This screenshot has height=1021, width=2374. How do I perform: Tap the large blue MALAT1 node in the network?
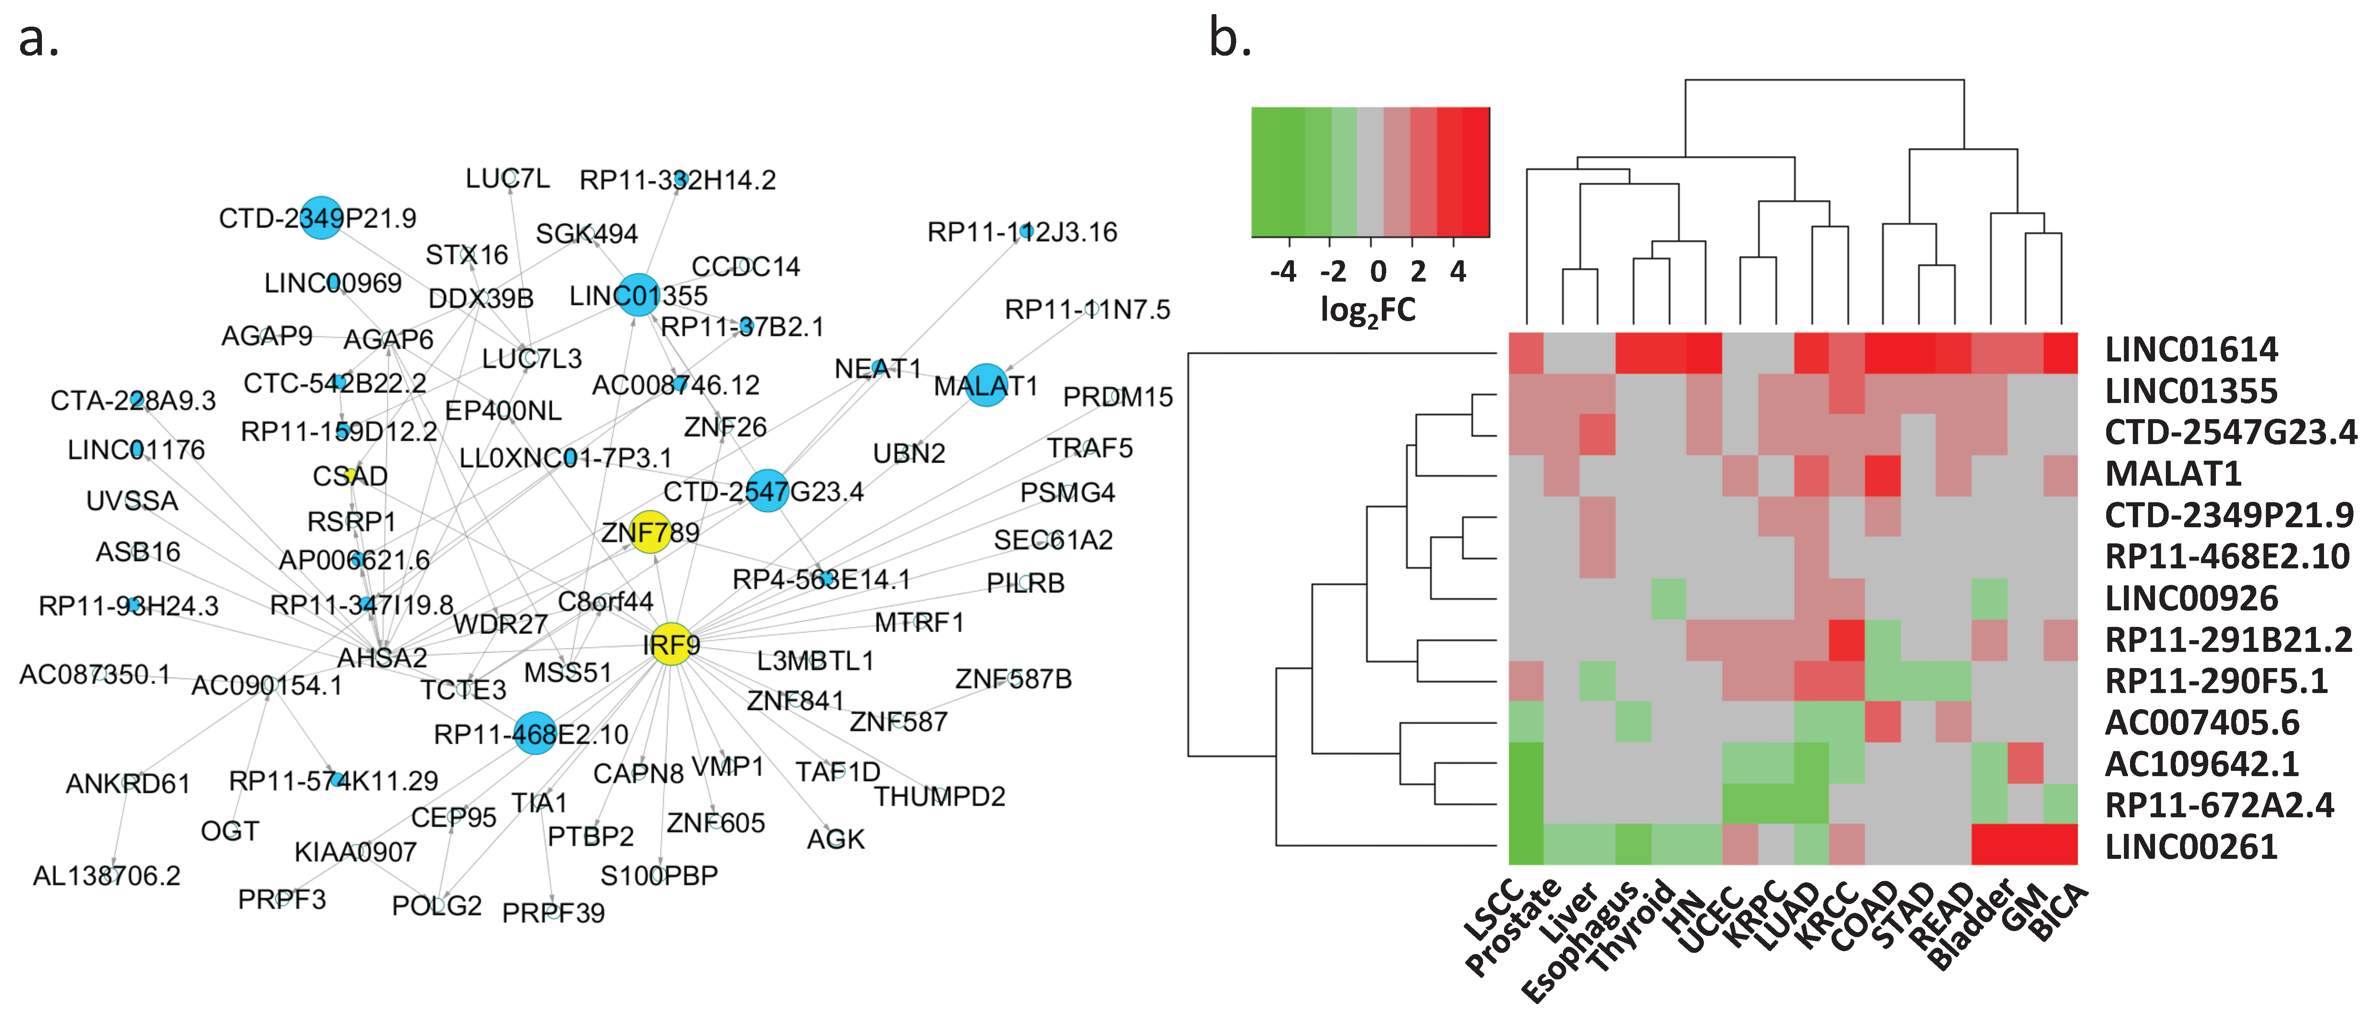[986, 385]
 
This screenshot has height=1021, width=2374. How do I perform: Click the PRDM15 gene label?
[1117, 397]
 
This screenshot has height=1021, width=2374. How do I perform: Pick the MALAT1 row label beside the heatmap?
[2172, 474]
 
